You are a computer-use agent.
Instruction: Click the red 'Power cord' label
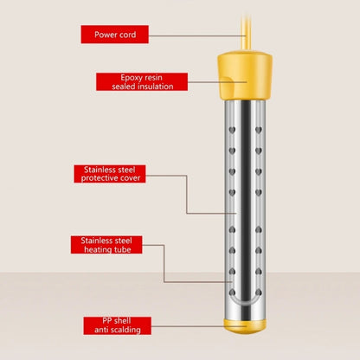[115, 35]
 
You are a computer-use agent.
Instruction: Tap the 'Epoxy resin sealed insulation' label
[142, 82]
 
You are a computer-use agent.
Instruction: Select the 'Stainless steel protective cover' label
[110, 174]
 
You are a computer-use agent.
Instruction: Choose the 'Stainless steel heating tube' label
[106, 245]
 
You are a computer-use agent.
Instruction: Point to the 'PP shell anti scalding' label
[118, 325]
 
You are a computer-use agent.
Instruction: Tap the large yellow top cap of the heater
[245, 75]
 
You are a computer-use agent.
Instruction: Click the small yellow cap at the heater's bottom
[245, 326]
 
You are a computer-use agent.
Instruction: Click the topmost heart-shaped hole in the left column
[232, 130]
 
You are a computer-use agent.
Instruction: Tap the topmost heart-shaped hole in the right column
[259, 130]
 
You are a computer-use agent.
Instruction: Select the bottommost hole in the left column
[232, 292]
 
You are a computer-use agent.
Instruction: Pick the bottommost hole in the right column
[259, 292]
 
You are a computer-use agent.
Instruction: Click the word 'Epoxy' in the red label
[130, 78]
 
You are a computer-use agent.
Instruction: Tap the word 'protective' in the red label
[100, 178]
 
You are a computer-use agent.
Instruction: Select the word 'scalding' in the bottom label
[126, 330]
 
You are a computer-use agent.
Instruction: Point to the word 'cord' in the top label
[127, 35]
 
